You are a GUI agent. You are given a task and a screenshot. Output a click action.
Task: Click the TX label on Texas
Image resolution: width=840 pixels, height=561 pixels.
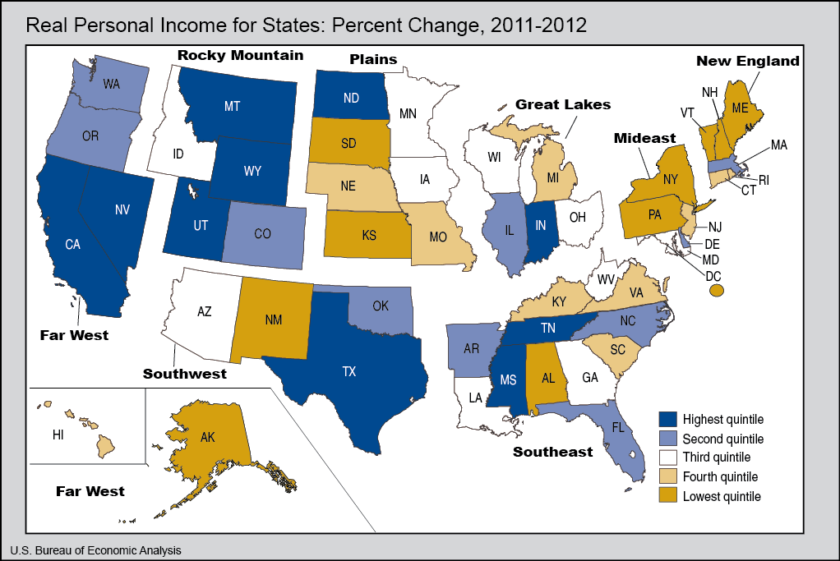click(x=349, y=371)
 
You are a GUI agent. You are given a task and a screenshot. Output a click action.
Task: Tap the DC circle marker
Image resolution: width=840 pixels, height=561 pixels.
click(x=717, y=290)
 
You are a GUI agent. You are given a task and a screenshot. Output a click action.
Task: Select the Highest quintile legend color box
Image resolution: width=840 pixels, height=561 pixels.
click(x=669, y=419)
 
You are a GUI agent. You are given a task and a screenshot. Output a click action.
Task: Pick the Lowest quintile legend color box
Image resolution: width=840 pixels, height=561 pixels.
click(x=669, y=496)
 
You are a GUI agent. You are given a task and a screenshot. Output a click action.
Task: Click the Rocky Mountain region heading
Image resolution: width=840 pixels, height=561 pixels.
click(x=240, y=56)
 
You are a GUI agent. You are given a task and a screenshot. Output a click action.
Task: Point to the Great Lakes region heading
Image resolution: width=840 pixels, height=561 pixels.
click(x=563, y=104)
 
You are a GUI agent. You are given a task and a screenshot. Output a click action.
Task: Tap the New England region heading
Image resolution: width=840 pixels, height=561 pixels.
click(x=748, y=61)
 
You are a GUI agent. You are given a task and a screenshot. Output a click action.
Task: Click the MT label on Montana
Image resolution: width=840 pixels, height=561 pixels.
click(x=232, y=106)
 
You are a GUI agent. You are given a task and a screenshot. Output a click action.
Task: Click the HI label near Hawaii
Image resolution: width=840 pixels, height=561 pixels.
click(x=58, y=435)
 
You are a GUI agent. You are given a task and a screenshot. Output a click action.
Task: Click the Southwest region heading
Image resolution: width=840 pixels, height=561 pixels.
click(x=185, y=374)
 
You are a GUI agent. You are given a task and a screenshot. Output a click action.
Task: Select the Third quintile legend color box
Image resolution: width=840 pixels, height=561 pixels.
click(x=669, y=458)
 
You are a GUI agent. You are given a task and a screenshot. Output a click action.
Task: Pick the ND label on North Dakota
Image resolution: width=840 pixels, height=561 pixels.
click(x=350, y=96)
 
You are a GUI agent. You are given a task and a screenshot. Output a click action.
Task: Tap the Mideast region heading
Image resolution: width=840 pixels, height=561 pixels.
click(x=644, y=139)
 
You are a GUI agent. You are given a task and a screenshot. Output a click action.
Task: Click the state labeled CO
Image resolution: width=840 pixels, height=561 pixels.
click(x=262, y=234)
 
